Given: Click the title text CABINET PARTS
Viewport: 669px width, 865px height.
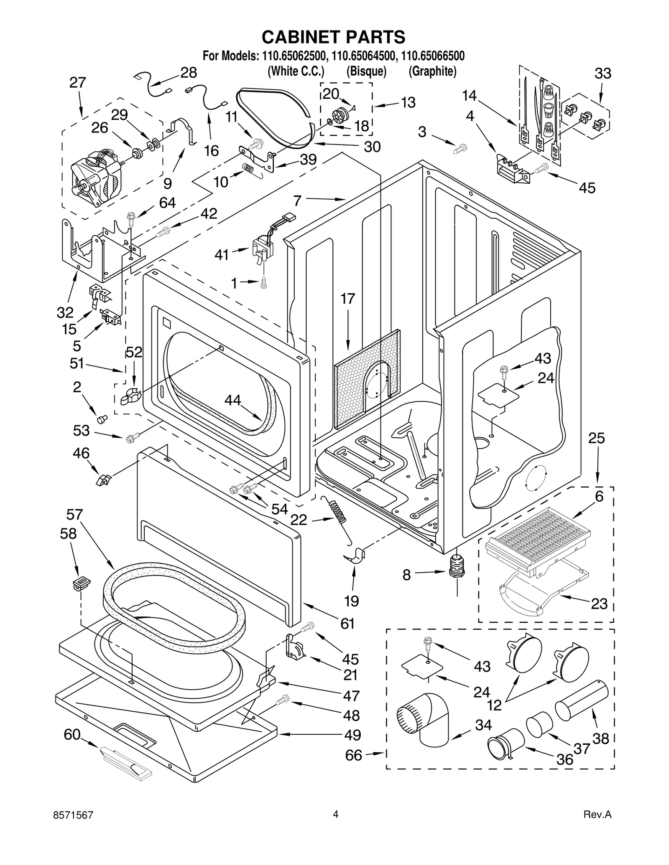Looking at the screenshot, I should pyautogui.click(x=333, y=37).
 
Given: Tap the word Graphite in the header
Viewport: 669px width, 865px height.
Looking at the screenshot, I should pyautogui.click(x=432, y=71).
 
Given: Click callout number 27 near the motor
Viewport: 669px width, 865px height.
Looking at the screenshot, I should pyautogui.click(x=78, y=83).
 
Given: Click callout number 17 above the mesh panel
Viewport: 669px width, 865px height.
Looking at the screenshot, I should pyautogui.click(x=347, y=299).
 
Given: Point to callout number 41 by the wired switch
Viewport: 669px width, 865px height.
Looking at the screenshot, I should pyautogui.click(x=222, y=254).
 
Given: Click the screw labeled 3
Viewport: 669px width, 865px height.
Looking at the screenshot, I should pyautogui.click(x=460, y=147).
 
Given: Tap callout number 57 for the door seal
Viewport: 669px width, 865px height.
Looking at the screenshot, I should pyautogui.click(x=74, y=515).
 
